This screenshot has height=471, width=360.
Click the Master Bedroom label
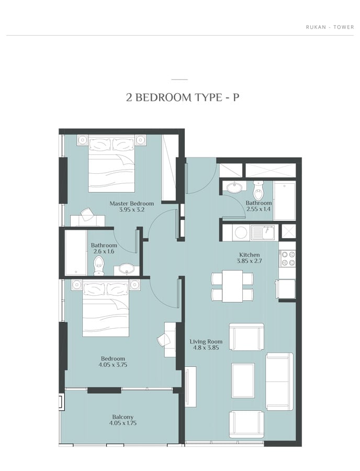click(x=131, y=204)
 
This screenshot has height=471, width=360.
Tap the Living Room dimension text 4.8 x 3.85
click(x=206, y=348)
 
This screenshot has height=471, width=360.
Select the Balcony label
click(x=123, y=417)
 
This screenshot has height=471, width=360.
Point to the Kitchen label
click(x=250, y=255)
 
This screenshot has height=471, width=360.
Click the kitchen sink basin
click(x=263, y=232)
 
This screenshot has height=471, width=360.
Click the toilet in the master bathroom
click(x=98, y=265)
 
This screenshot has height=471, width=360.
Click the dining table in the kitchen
click(x=232, y=286)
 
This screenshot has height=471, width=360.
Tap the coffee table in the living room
click(x=243, y=380)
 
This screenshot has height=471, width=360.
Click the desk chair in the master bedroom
click(x=86, y=214)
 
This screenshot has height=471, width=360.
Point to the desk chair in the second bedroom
click(x=164, y=340)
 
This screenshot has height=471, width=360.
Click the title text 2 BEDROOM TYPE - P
click(x=183, y=98)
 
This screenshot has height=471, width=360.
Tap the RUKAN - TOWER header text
click(x=330, y=27)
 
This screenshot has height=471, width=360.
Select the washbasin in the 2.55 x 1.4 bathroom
click(x=234, y=188)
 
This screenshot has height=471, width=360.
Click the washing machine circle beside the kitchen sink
click(x=241, y=232)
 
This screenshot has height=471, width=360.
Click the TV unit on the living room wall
click(x=190, y=387)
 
